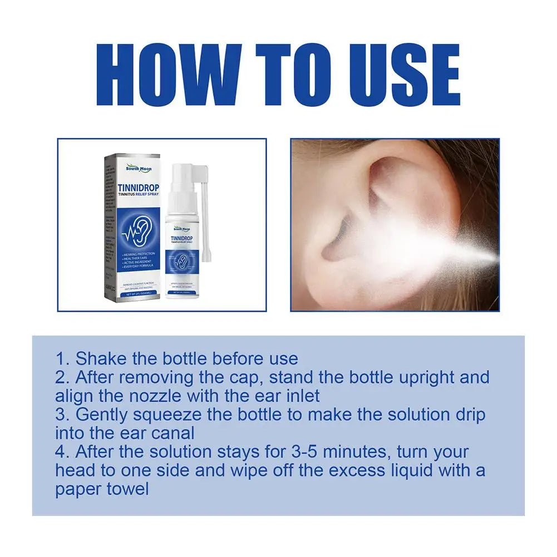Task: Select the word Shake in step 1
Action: [98, 358]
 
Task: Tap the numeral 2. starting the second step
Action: [62, 377]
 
